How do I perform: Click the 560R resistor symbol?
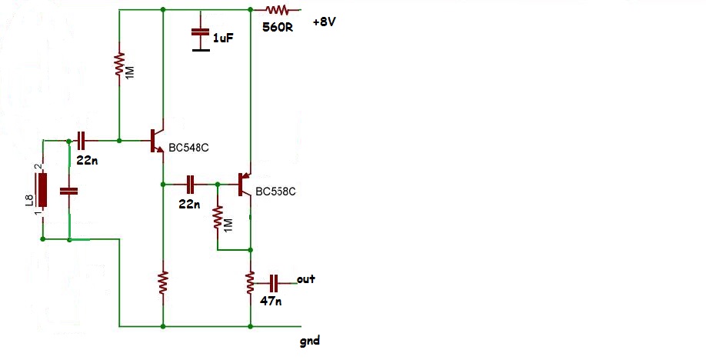[x=277, y=9]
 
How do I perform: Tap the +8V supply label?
[x=325, y=22]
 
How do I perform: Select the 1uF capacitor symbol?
[x=201, y=38]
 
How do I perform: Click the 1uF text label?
[x=223, y=38]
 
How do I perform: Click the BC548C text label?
[x=188, y=148]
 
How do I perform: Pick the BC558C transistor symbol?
[x=245, y=185]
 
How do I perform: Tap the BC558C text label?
[x=275, y=192]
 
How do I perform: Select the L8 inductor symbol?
[x=43, y=189]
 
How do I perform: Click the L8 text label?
[x=30, y=200]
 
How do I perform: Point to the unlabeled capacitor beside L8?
[x=69, y=191]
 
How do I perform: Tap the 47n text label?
[x=271, y=301]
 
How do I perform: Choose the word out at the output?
[x=306, y=279]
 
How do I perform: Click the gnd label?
[x=310, y=341]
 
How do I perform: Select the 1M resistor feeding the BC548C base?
[x=119, y=65]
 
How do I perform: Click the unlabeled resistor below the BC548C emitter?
[x=163, y=283]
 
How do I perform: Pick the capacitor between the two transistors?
[x=191, y=185]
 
